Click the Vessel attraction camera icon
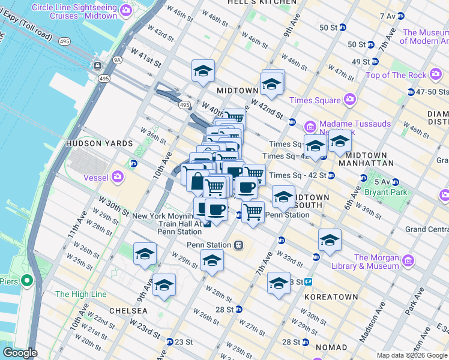click(x=118, y=176)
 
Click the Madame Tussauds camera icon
click(x=310, y=127)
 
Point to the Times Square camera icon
click(x=349, y=100)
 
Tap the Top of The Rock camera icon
click(x=436, y=75)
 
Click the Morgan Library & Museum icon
click(x=408, y=260)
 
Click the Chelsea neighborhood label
click(x=128, y=310)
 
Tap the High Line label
click(x=80, y=294)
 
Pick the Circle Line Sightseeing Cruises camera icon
click(x=125, y=10)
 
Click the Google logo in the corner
click(x=20, y=353)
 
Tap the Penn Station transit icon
click(x=238, y=245)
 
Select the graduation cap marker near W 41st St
click(x=203, y=71)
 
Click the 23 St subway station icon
click(x=170, y=342)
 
